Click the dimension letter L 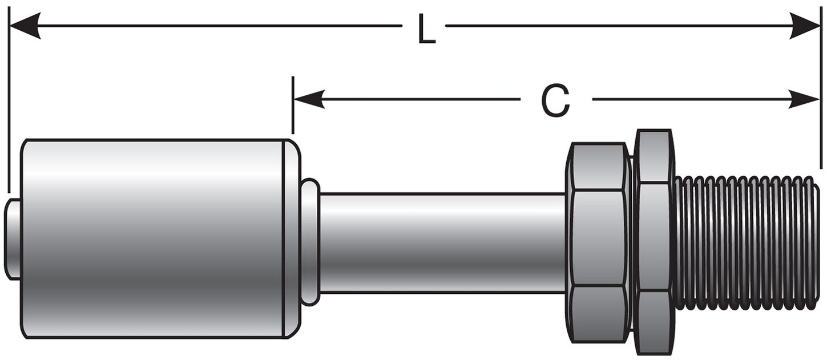coord(426,30)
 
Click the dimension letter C coord(555,102)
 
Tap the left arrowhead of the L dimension coord(26,26)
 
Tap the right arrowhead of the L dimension coord(805,26)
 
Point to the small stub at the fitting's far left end coord(12,238)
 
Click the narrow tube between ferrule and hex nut coord(442,242)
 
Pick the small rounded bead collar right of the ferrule coord(310,242)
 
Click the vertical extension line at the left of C coord(293,106)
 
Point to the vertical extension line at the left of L coord(9,103)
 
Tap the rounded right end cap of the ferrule coord(292,238)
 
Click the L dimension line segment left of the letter coord(217,26)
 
